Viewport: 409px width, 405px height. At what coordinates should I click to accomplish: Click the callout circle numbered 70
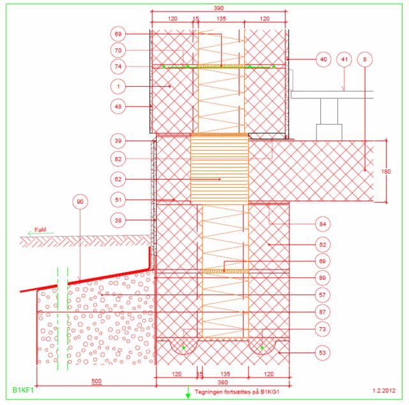118,50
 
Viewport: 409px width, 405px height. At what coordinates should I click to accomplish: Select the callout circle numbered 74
118,66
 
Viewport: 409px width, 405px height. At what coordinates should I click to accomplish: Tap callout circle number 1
118,86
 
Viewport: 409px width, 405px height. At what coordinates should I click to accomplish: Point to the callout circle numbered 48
118,107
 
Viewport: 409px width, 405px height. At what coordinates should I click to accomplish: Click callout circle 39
118,141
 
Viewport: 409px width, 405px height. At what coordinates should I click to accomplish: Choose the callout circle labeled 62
118,179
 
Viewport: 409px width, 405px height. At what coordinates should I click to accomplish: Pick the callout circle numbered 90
80,202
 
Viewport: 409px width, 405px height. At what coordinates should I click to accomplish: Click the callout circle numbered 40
323,59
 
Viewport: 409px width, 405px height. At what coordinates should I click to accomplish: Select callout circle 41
344,59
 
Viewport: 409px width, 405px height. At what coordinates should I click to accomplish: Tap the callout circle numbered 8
365,59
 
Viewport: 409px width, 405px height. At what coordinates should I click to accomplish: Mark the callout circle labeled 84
323,224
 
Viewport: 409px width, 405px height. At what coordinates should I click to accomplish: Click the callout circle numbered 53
323,353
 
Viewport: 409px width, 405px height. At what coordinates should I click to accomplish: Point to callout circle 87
323,312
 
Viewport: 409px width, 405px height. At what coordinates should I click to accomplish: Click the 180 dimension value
386,172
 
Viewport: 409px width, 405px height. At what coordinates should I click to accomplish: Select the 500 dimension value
96,381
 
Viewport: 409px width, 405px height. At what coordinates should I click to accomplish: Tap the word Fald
40,229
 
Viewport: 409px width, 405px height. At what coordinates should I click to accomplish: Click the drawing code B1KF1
23,390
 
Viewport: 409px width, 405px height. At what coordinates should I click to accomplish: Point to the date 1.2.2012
384,391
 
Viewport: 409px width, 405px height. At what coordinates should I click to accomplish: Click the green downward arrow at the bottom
188,392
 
